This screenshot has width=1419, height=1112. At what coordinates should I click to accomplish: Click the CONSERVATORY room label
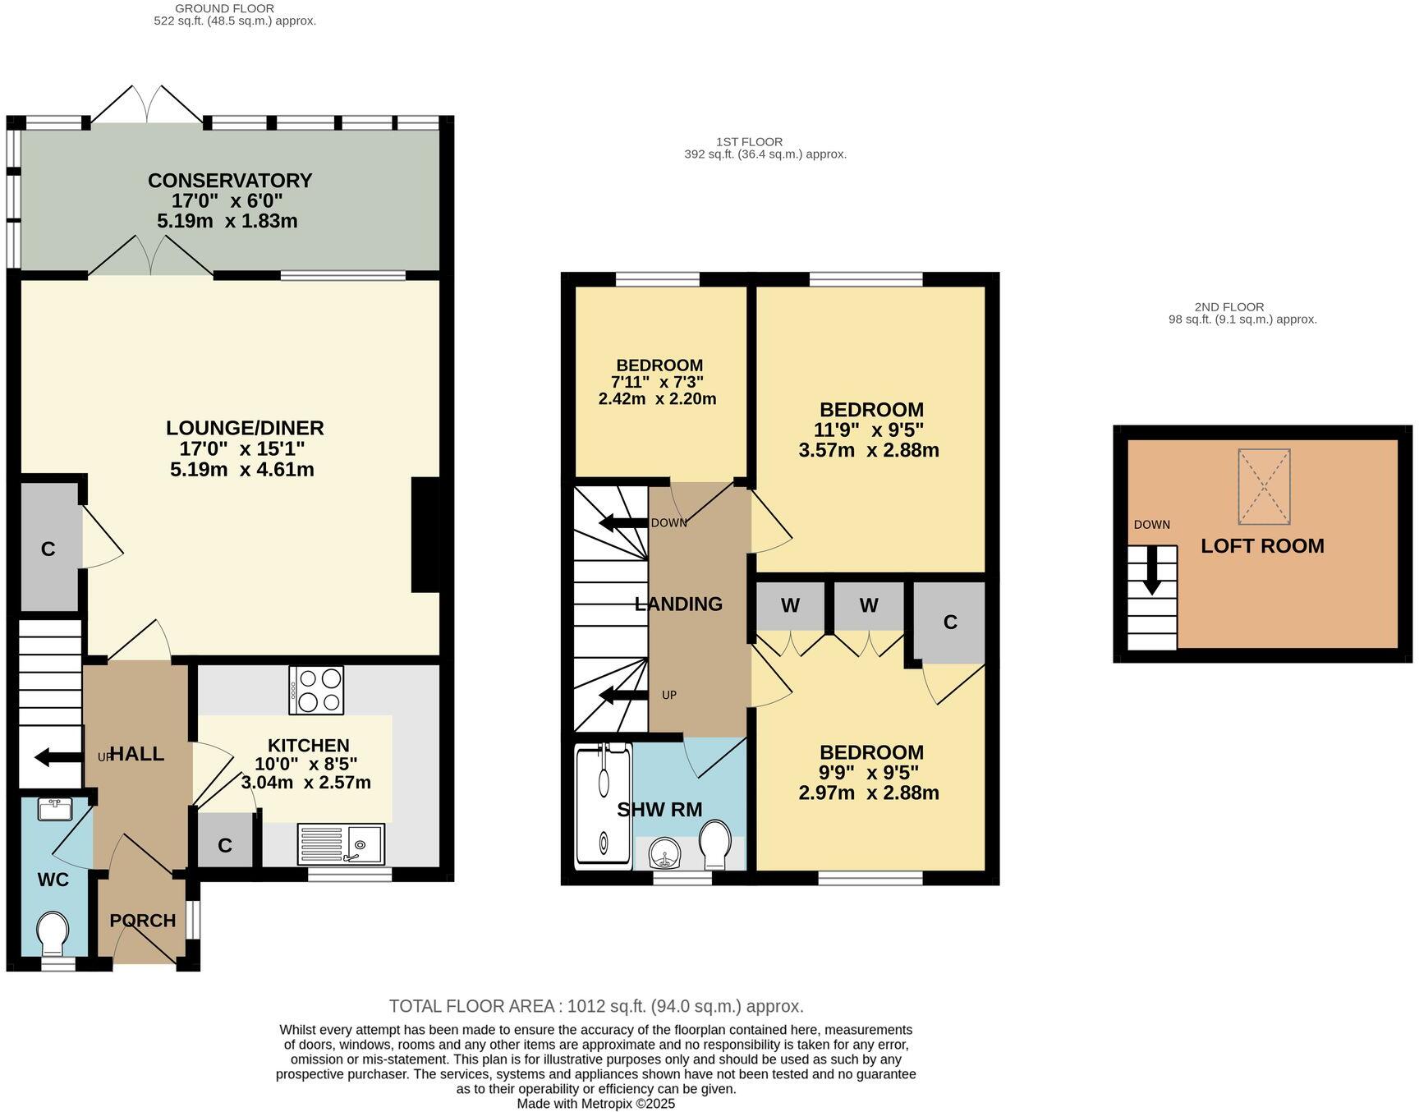(230, 180)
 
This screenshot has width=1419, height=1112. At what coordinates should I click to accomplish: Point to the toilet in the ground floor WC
(53, 930)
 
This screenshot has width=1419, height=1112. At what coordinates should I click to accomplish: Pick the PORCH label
(143, 921)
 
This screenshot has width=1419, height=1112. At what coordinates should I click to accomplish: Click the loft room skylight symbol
(1264, 486)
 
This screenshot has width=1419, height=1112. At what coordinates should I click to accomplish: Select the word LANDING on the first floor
(678, 604)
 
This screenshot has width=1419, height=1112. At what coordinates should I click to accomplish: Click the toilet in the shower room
(715, 845)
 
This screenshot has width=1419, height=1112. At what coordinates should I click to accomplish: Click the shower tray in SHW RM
(604, 805)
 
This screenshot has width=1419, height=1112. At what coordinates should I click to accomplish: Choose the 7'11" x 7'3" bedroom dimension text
(657, 382)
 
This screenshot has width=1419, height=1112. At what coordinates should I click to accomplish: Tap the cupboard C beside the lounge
(48, 549)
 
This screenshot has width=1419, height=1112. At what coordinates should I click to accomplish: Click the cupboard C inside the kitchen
(225, 845)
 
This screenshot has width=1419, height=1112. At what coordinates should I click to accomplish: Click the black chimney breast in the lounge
(425, 535)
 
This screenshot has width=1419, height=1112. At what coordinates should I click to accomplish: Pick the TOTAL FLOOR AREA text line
(595, 1006)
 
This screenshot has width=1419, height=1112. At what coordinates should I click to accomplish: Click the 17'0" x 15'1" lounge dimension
(242, 449)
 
